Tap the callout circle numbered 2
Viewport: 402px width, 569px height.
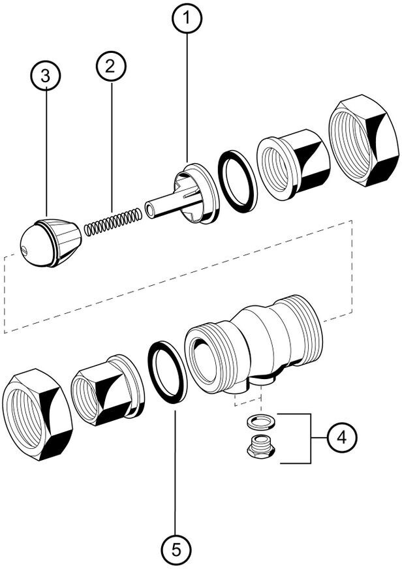(110, 65)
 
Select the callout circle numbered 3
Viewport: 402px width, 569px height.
(45, 75)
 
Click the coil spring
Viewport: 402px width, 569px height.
(114, 221)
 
